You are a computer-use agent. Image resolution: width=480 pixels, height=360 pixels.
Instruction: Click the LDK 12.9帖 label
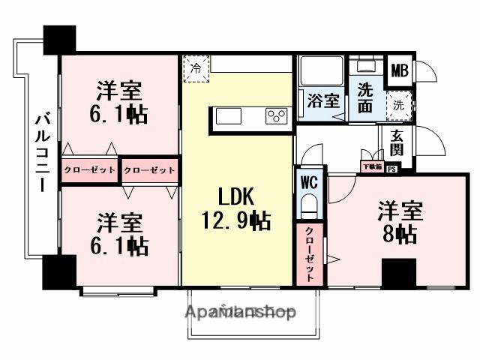point(234,209)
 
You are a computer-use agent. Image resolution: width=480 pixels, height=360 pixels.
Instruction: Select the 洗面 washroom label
point(365,97)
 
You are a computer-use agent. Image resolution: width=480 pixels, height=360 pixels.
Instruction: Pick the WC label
point(309,181)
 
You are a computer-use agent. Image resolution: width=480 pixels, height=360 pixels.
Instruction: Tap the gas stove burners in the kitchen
point(275,116)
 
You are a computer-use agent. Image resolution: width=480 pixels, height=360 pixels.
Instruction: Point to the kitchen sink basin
point(229,117)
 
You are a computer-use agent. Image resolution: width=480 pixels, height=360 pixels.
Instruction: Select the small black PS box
point(391,169)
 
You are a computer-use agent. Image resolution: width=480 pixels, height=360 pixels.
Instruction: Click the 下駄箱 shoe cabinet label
point(373,166)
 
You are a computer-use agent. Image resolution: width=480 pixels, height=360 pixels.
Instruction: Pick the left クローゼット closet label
point(89,170)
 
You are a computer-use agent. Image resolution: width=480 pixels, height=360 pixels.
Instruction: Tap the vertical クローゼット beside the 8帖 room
point(309,255)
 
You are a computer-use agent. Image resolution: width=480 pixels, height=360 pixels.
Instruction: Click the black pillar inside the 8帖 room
point(397,273)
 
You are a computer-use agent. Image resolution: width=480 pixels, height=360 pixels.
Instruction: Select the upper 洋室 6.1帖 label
point(121,103)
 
